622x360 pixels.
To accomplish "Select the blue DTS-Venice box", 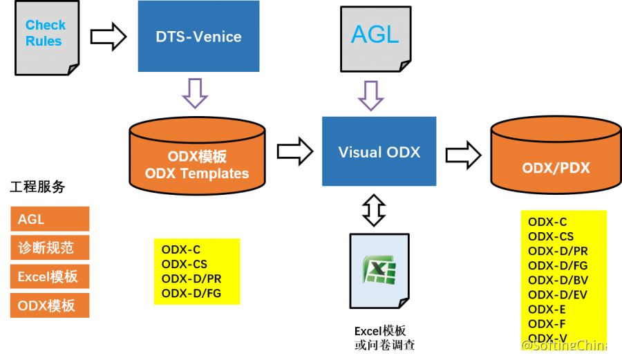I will [x=198, y=37].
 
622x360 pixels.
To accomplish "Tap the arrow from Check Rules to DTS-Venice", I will [x=108, y=37].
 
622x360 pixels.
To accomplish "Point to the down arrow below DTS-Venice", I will [x=195, y=93].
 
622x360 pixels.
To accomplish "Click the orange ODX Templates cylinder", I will [x=197, y=157].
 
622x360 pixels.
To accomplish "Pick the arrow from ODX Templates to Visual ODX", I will [x=294, y=151].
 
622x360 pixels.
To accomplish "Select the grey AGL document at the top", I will [x=375, y=37].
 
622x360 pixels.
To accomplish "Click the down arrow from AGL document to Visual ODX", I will [x=371, y=96].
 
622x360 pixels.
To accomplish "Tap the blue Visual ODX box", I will [x=379, y=151].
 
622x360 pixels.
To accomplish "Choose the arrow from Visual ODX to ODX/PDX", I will [x=463, y=155].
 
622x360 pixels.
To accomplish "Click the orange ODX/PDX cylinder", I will [x=556, y=155].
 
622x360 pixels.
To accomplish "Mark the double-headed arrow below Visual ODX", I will [x=374, y=210].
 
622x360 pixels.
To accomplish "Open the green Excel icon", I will [x=379, y=269].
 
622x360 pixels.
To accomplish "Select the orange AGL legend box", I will [x=50, y=219].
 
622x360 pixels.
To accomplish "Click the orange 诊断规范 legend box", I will [x=50, y=247].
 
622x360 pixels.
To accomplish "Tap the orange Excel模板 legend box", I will [x=50, y=276].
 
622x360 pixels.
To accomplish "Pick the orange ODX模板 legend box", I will [x=50, y=305].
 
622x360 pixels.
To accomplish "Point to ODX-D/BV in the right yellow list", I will [x=558, y=280].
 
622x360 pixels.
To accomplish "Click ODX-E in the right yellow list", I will [x=547, y=310].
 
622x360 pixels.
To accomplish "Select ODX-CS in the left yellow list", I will [x=184, y=264].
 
